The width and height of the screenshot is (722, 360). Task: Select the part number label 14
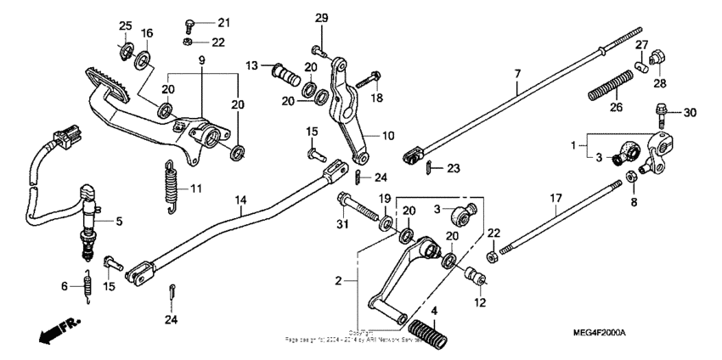click(241, 201)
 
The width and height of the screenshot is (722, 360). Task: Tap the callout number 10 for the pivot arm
click(388, 136)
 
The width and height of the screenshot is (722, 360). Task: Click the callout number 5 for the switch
click(118, 222)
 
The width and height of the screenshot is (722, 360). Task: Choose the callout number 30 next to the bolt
click(689, 113)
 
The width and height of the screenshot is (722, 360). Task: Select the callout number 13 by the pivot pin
click(252, 65)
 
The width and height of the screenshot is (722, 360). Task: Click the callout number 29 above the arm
click(321, 18)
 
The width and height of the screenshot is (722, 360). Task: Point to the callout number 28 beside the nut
click(660, 83)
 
